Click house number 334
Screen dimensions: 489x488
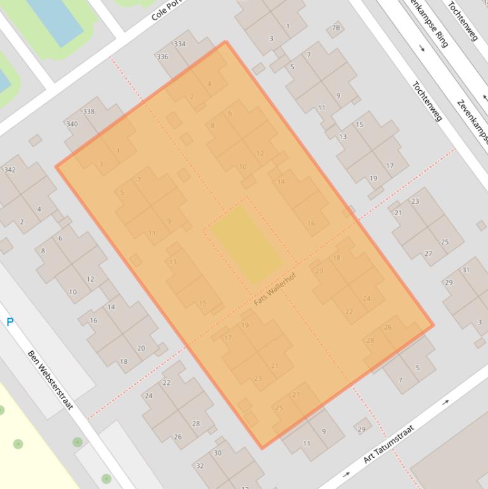(x=180, y=44)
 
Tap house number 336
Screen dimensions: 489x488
(x=162, y=57)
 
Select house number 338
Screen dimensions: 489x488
(x=88, y=111)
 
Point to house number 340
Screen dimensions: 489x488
(x=72, y=124)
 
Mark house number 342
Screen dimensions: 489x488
(x=10, y=170)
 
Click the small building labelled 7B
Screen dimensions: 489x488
(x=336, y=28)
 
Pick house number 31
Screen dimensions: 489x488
(x=466, y=270)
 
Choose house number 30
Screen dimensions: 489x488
(x=218, y=453)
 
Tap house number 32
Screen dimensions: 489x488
(x=200, y=466)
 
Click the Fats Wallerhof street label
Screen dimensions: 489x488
(x=275, y=289)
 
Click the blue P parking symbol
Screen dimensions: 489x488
(x=10, y=323)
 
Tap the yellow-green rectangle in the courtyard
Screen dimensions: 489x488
(x=246, y=245)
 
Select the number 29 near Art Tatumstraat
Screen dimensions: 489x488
(x=361, y=429)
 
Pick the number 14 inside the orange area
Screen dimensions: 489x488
(x=281, y=182)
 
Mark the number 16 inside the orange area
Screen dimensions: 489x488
(x=311, y=223)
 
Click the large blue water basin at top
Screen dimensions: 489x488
(x=55, y=19)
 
